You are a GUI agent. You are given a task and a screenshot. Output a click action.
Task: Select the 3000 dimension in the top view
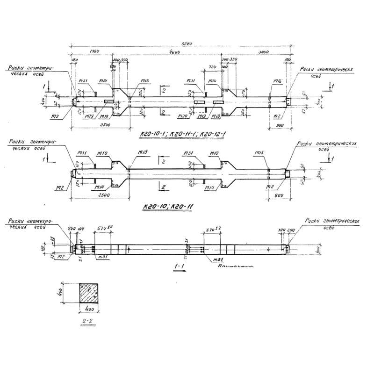click(x=263, y=53)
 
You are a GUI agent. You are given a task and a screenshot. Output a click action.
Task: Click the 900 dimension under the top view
click(x=280, y=125)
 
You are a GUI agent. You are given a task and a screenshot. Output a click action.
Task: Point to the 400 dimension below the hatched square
click(x=91, y=309)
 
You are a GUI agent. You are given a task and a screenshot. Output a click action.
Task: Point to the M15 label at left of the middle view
click(x=143, y=152)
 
